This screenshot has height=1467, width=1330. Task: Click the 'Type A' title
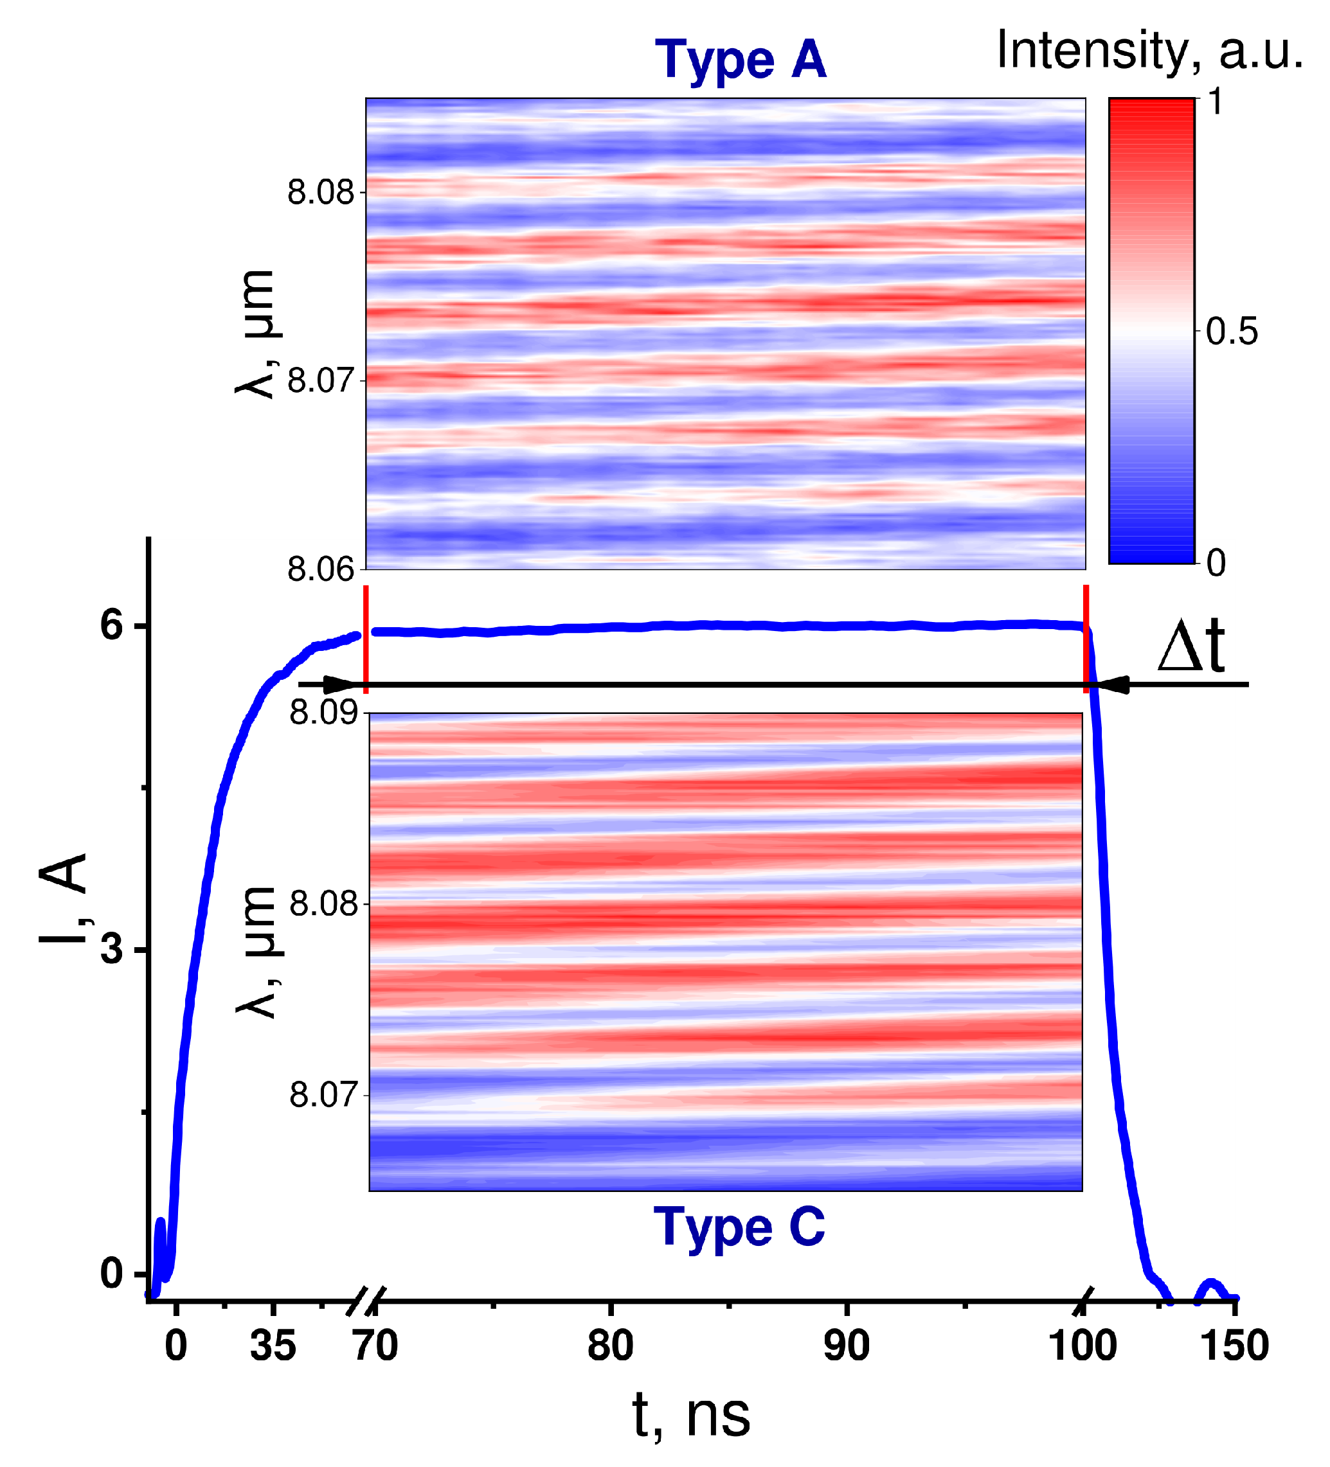[740, 60]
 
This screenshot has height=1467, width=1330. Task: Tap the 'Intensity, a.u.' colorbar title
[1148, 51]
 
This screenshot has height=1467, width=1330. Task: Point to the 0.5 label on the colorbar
[1231, 332]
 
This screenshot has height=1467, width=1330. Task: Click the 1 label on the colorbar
[1214, 103]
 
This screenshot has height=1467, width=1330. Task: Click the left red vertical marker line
[365, 639]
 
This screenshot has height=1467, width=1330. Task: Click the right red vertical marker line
[1085, 639]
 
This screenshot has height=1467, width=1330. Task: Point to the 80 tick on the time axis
[610, 1346]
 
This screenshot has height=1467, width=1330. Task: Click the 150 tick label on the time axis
[1234, 1346]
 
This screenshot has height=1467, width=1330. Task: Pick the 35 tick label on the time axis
[273, 1346]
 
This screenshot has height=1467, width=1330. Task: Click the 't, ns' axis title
[690, 1416]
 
